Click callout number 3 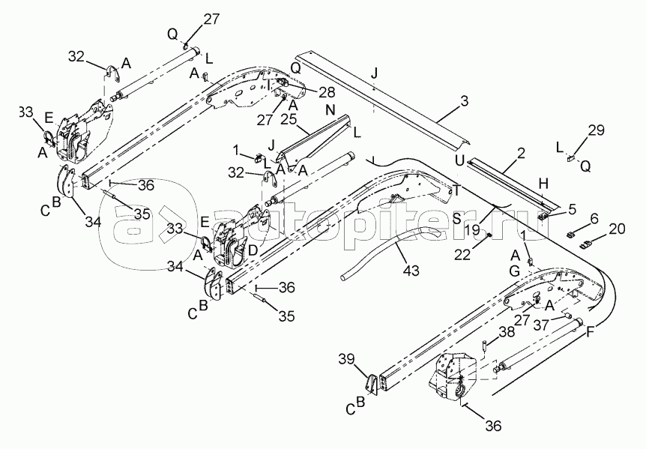(x=465, y=100)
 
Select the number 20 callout (x=618, y=229)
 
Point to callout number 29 (x=596, y=132)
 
